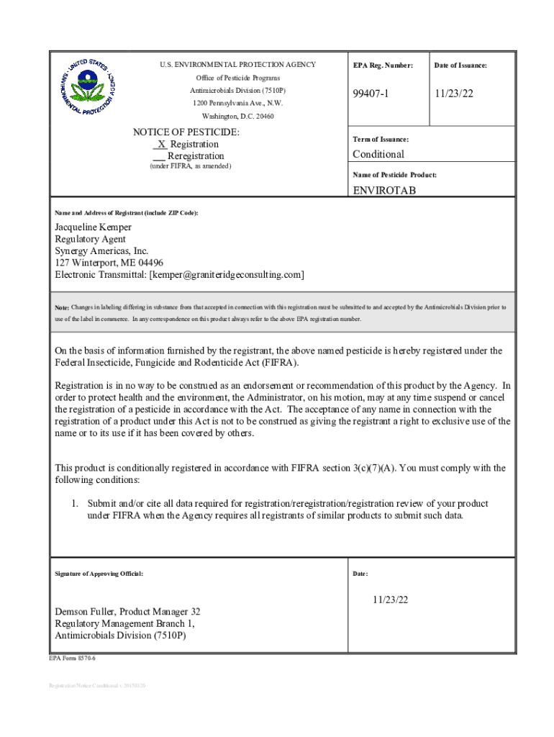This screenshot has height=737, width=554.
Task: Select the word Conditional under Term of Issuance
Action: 378,154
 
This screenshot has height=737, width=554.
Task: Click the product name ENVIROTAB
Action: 384,191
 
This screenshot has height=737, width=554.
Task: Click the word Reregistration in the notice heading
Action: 195,156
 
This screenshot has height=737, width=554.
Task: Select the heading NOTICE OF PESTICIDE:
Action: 186,132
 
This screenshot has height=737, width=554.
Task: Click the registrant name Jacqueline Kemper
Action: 94,227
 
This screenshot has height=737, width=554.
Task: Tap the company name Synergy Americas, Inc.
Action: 102,251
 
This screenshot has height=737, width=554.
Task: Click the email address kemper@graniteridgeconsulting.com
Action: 226,275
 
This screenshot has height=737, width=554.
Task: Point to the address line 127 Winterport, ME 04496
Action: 109,263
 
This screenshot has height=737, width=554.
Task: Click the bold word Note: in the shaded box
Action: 62,307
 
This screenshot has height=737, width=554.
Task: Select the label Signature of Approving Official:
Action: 99,574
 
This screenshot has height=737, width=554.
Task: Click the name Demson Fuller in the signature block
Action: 85,612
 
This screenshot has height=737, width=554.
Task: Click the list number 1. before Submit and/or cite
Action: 74,504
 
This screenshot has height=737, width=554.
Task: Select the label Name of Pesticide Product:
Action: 394,175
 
